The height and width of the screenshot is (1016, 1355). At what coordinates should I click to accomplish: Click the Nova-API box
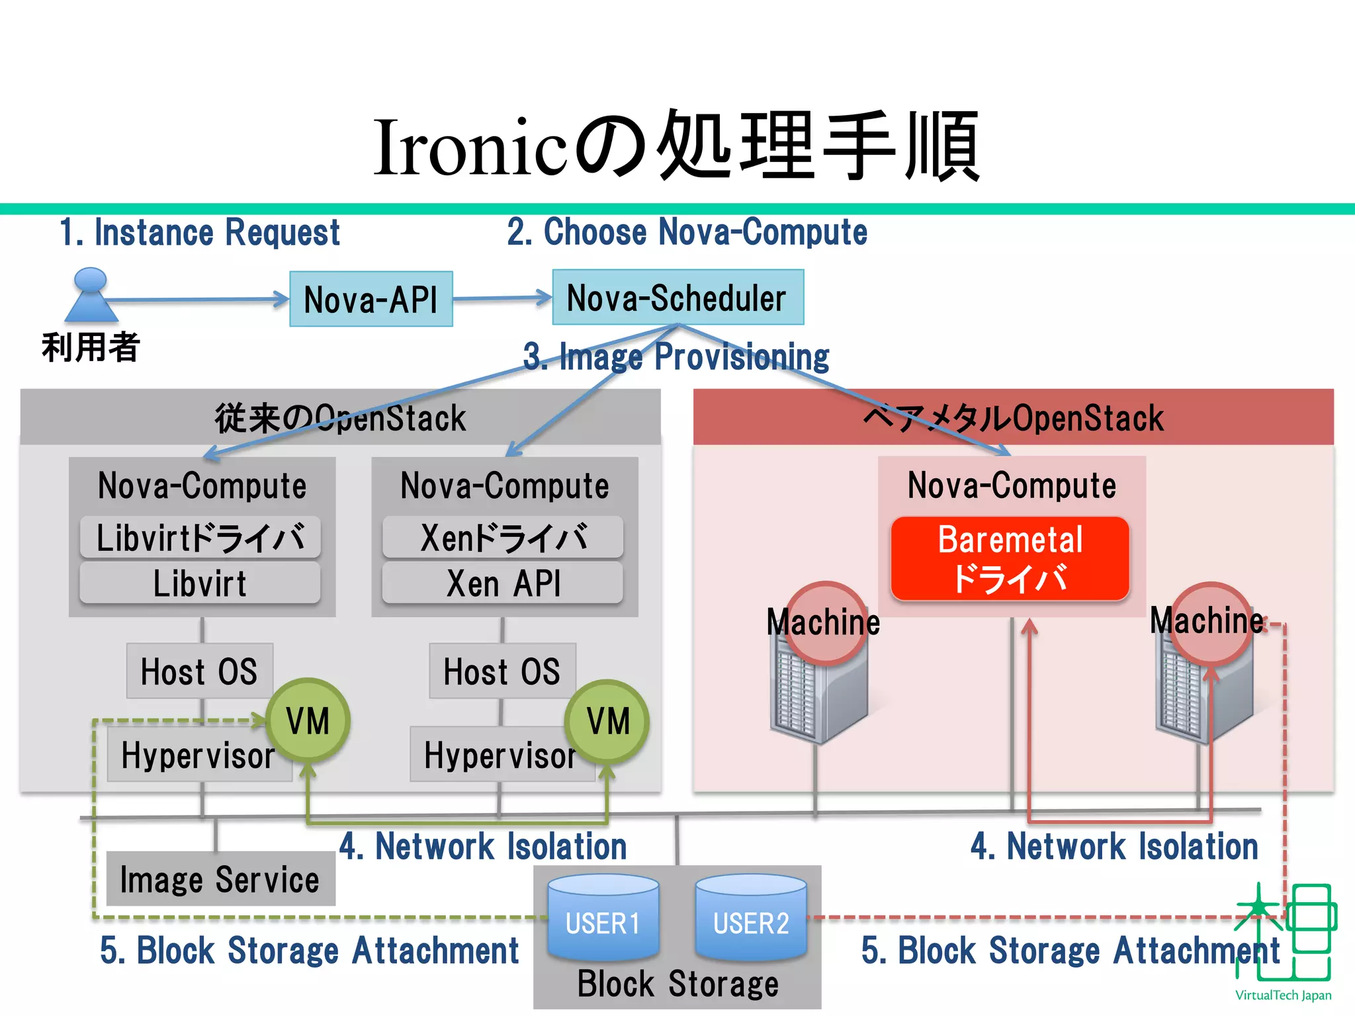(x=371, y=299)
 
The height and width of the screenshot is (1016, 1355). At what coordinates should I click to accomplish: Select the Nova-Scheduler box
(x=677, y=297)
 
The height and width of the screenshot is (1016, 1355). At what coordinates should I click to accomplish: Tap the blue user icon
(x=91, y=296)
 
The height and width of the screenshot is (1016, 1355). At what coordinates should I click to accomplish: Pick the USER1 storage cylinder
(x=603, y=917)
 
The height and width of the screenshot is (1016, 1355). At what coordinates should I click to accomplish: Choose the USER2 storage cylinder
(x=751, y=917)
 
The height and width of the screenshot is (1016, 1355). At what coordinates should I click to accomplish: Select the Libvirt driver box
(x=200, y=537)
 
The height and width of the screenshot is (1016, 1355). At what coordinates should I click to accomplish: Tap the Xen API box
(x=503, y=583)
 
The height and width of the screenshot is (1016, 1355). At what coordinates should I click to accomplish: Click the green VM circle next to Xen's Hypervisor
(x=607, y=721)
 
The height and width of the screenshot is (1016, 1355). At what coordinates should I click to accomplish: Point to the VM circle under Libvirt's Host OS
(x=308, y=721)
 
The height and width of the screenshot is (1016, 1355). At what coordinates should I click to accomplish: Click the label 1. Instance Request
(x=199, y=233)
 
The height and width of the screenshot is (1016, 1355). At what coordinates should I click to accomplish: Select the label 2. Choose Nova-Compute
(x=687, y=232)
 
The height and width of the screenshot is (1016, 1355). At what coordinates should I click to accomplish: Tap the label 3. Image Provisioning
(x=676, y=357)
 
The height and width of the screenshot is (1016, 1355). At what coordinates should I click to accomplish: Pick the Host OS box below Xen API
(x=502, y=671)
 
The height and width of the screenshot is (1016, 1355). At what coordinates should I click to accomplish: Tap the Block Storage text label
(x=677, y=984)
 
